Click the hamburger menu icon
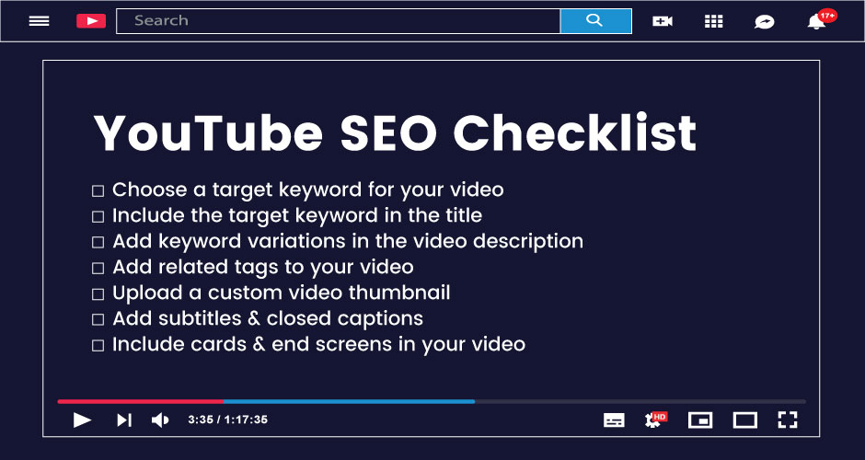click(x=39, y=20)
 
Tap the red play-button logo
click(x=90, y=20)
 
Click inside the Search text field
click(x=338, y=20)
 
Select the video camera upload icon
click(x=663, y=21)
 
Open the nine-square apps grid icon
click(x=713, y=21)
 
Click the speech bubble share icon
click(x=764, y=21)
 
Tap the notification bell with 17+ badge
click(x=816, y=21)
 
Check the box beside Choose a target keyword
click(x=98, y=191)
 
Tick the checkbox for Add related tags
click(x=98, y=269)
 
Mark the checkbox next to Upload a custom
click(x=98, y=294)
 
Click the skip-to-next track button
click(x=123, y=420)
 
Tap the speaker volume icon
click(x=160, y=420)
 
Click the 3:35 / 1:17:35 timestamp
click(x=227, y=420)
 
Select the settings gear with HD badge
click(x=654, y=420)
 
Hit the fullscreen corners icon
click(x=787, y=420)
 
